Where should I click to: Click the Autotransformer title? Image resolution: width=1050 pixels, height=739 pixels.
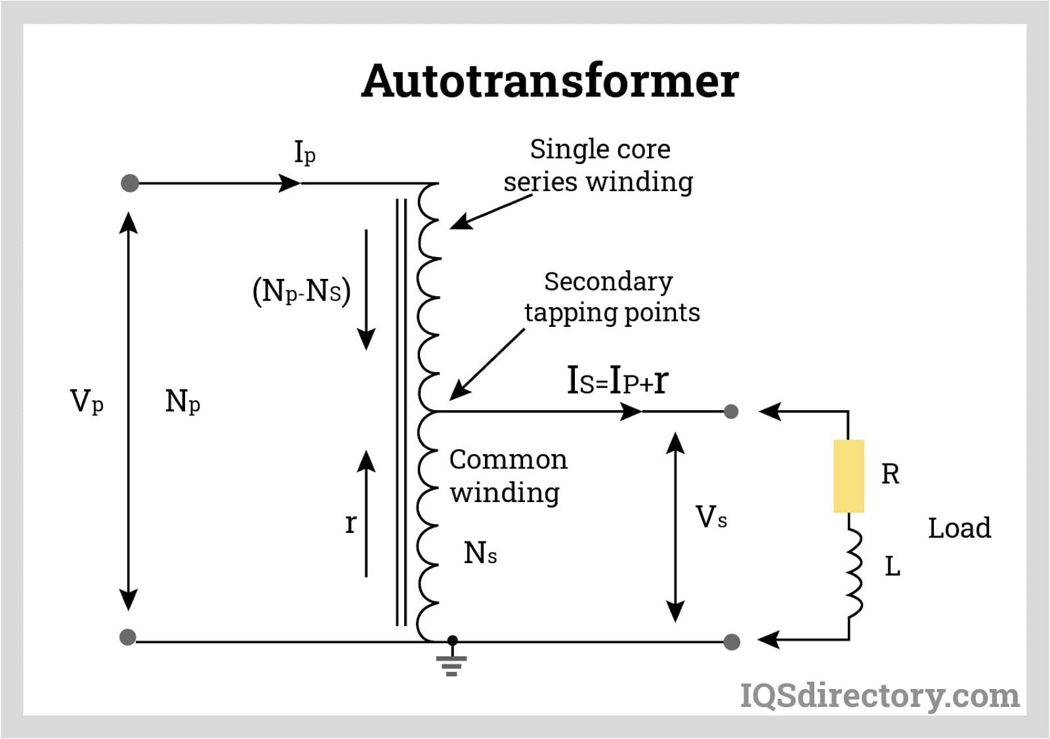550,81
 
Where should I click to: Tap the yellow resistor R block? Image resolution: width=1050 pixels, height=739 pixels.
849,476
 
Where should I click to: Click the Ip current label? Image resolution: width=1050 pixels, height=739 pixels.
304,153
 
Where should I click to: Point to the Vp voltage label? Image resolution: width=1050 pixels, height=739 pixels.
87,401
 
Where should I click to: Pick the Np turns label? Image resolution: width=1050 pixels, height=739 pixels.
182,401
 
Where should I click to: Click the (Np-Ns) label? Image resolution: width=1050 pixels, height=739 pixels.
301,291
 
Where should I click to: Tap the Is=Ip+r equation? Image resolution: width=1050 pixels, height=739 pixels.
617,380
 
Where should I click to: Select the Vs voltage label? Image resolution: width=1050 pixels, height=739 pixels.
711,518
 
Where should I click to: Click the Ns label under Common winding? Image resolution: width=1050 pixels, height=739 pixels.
480,553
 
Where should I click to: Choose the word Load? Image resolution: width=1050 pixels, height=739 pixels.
959,528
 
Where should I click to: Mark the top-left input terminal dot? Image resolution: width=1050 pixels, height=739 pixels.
130,183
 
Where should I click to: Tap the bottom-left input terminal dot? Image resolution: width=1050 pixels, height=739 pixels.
128,637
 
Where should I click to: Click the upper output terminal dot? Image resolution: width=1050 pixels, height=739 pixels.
731,412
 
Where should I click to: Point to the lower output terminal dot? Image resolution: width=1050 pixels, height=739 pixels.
731,641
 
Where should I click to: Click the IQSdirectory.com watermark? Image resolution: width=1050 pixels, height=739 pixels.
879,696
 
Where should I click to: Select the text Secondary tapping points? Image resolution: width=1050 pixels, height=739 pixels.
611,297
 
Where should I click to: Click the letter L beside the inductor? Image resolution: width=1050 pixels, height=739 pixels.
892,566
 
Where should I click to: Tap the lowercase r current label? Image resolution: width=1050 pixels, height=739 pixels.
350,524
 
